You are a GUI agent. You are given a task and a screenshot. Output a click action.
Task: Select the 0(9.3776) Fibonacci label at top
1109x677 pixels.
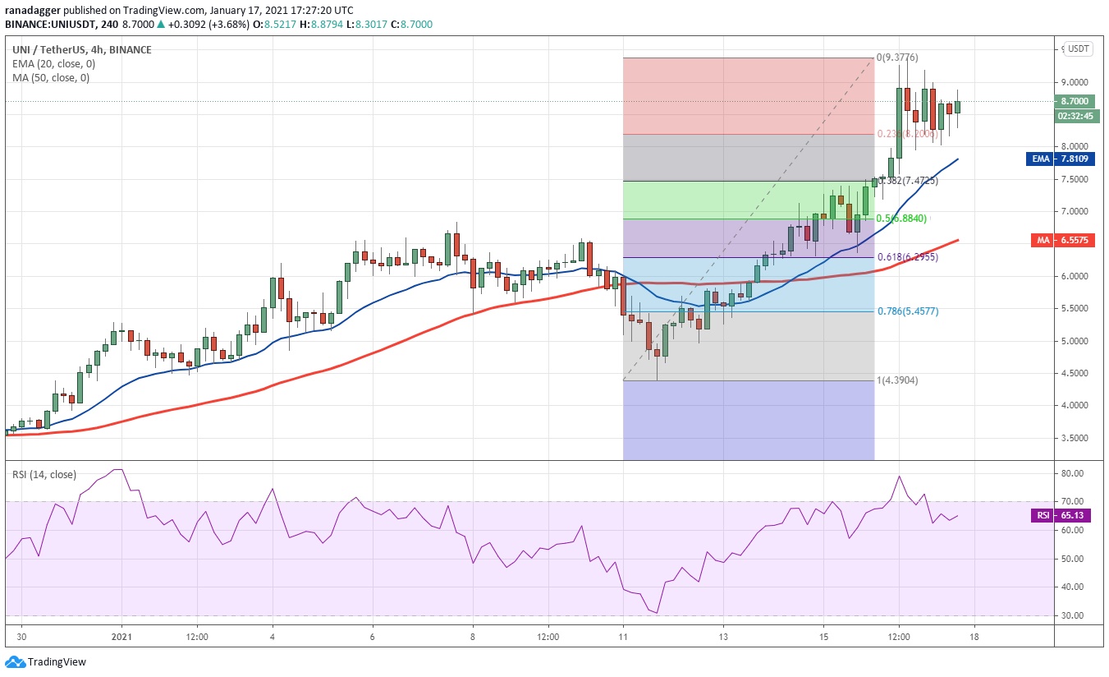(896, 58)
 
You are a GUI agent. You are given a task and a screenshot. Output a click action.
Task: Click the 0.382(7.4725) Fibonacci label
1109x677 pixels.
(908, 181)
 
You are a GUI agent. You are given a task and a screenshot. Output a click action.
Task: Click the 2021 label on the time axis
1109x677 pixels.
(121, 637)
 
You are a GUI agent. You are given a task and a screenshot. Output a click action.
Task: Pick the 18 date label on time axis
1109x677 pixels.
(974, 637)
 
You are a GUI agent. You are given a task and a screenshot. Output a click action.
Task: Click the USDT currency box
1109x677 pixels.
(1078, 48)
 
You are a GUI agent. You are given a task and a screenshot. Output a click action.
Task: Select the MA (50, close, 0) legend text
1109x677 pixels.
(51, 78)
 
